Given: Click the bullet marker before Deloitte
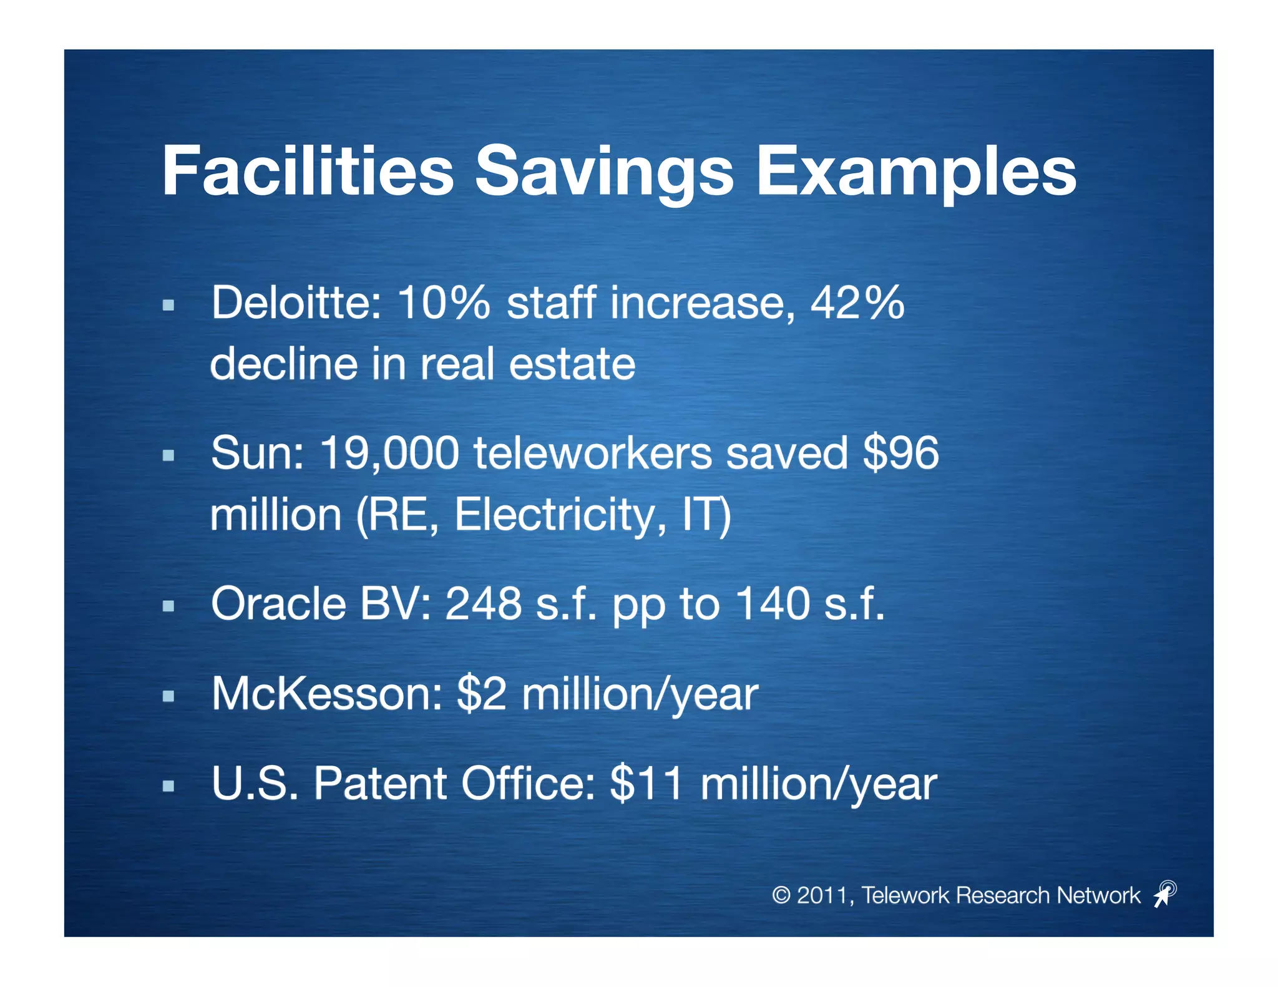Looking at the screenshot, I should (x=168, y=305).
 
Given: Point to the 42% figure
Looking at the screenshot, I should (x=857, y=303).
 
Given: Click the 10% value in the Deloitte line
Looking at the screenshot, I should (x=444, y=303).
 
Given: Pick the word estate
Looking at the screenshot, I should (x=572, y=364).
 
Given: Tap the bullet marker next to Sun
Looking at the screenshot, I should (x=168, y=455).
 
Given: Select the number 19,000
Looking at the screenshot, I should (x=389, y=454).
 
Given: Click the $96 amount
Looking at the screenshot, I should (x=900, y=454).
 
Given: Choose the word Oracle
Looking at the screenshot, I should (x=278, y=604).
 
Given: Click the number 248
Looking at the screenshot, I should (x=483, y=604).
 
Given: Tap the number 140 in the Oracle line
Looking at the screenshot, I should (x=772, y=604).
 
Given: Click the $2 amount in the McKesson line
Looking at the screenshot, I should (x=481, y=694).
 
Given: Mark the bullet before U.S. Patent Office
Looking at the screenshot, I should (x=168, y=786).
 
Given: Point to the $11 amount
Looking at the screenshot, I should (x=646, y=784).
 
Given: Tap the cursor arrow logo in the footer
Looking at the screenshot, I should (x=1164, y=893).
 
